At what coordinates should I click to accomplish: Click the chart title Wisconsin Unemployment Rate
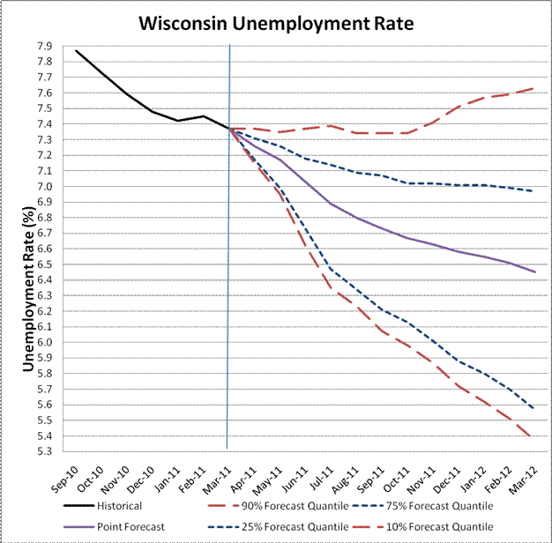click(x=276, y=22)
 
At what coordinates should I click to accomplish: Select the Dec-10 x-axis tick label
click(x=140, y=476)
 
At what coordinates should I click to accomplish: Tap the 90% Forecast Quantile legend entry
click(x=295, y=507)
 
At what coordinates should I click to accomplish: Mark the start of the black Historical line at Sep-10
click(x=77, y=51)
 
